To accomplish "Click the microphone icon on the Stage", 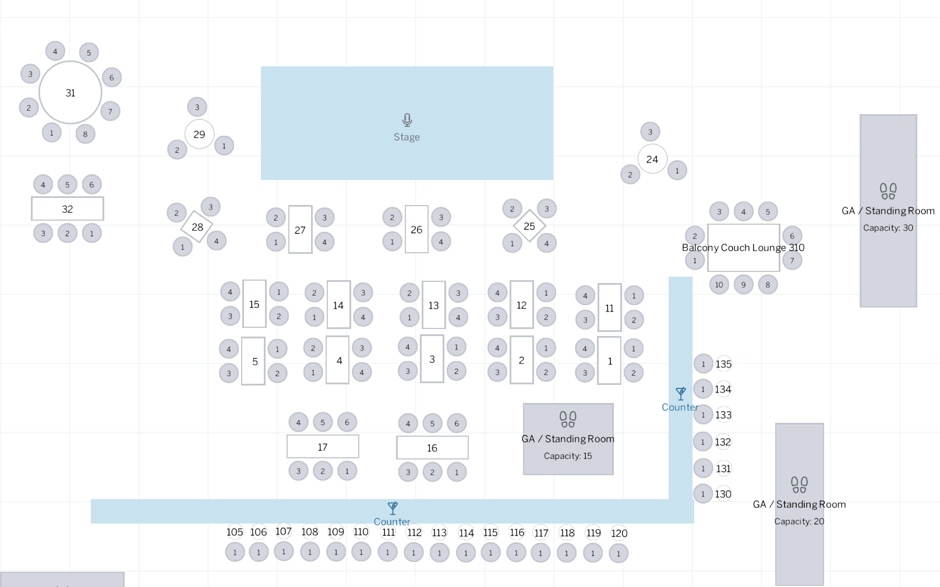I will (407, 120).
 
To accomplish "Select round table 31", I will (70, 93).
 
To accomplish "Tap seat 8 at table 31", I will (85, 134).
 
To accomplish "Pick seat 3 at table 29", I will (197, 107).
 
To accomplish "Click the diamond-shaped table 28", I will (197, 227).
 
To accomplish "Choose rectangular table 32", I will (68, 209).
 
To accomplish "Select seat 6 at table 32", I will (91, 185).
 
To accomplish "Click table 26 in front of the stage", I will (416, 229).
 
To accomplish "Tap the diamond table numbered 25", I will (529, 226).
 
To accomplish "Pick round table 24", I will (652, 159).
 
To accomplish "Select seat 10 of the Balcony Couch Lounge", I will (719, 285).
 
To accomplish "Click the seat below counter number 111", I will (388, 552).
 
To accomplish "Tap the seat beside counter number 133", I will (703, 415).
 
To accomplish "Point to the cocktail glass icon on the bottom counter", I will (393, 508).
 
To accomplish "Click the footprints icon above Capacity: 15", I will (568, 419).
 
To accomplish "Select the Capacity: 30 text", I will (888, 228).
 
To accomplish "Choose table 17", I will (323, 447).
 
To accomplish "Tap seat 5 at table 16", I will (432, 423).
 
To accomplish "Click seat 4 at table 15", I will (230, 292).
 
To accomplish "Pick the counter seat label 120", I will (619, 533).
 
